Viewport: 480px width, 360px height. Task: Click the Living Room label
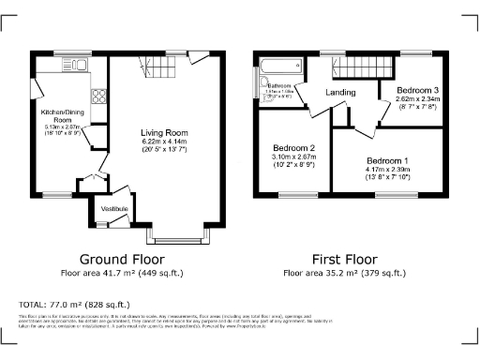coord(164,132)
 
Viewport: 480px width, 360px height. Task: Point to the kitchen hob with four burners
coord(97,95)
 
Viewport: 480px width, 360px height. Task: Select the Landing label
coord(340,93)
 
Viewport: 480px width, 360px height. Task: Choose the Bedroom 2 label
coord(292,148)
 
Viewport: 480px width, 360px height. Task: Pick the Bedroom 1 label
coord(386,159)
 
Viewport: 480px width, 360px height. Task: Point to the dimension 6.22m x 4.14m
coord(164,142)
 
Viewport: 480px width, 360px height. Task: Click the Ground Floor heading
coord(121,259)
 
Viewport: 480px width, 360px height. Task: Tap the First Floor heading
coord(345,259)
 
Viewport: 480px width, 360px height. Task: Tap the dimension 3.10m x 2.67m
coord(292,157)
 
